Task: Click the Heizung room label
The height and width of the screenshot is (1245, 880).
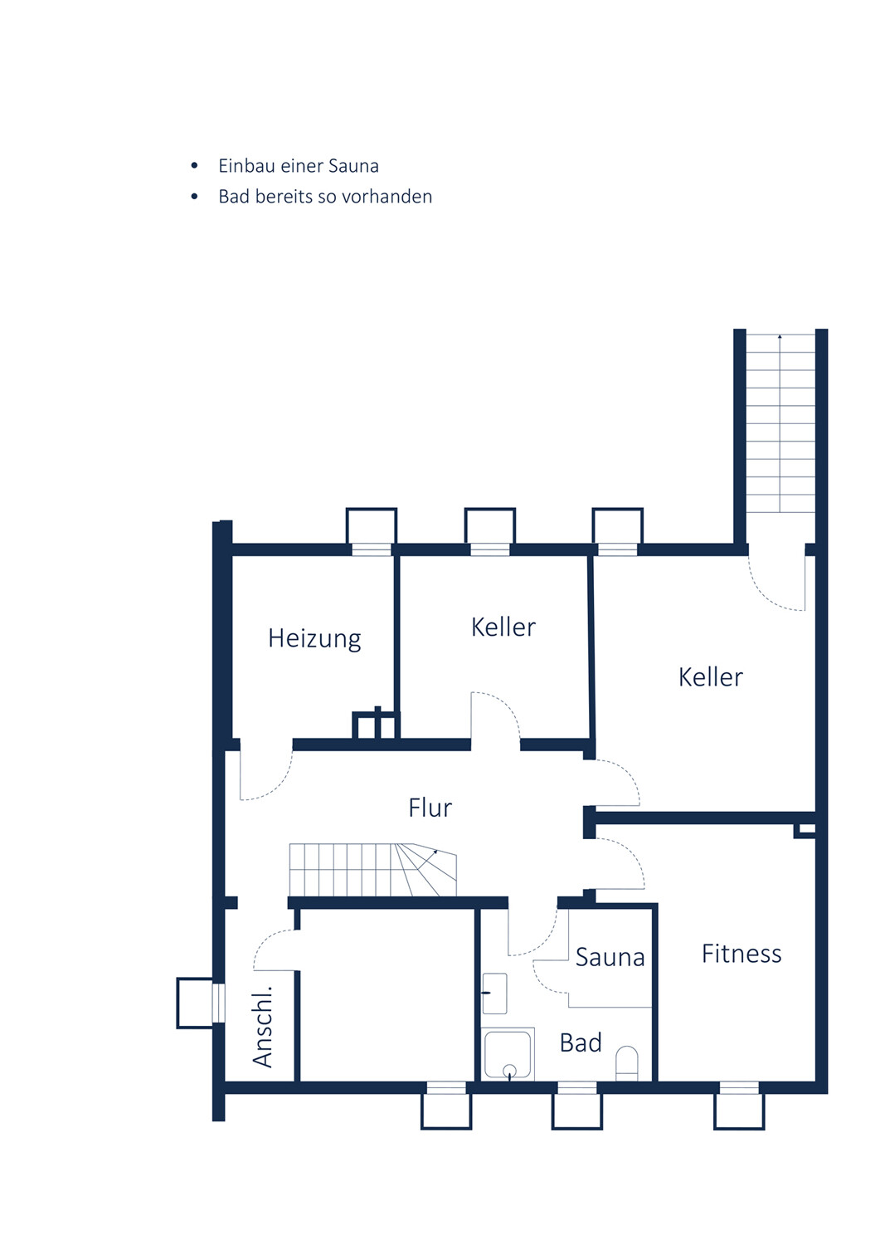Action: [314, 638]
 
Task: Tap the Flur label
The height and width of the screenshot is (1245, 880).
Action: [430, 808]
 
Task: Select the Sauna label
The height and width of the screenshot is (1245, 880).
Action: [610, 957]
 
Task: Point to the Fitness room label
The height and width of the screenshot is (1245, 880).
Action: [741, 954]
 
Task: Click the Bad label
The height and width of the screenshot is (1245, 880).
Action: [581, 1042]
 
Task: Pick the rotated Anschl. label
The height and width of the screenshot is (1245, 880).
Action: [262, 1028]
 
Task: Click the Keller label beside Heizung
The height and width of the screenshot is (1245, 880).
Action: [503, 627]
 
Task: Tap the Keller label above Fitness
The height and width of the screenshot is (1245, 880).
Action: [711, 677]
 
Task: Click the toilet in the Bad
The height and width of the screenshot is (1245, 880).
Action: [627, 1064]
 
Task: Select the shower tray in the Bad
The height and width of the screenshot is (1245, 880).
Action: [508, 1054]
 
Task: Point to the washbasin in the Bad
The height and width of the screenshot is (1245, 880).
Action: [494, 994]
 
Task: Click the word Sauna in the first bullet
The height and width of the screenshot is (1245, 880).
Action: [353, 166]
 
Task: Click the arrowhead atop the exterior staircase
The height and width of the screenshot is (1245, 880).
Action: [780, 337]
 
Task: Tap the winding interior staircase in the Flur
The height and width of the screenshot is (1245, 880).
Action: [372, 870]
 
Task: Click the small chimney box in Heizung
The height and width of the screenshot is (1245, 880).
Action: [376, 725]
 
